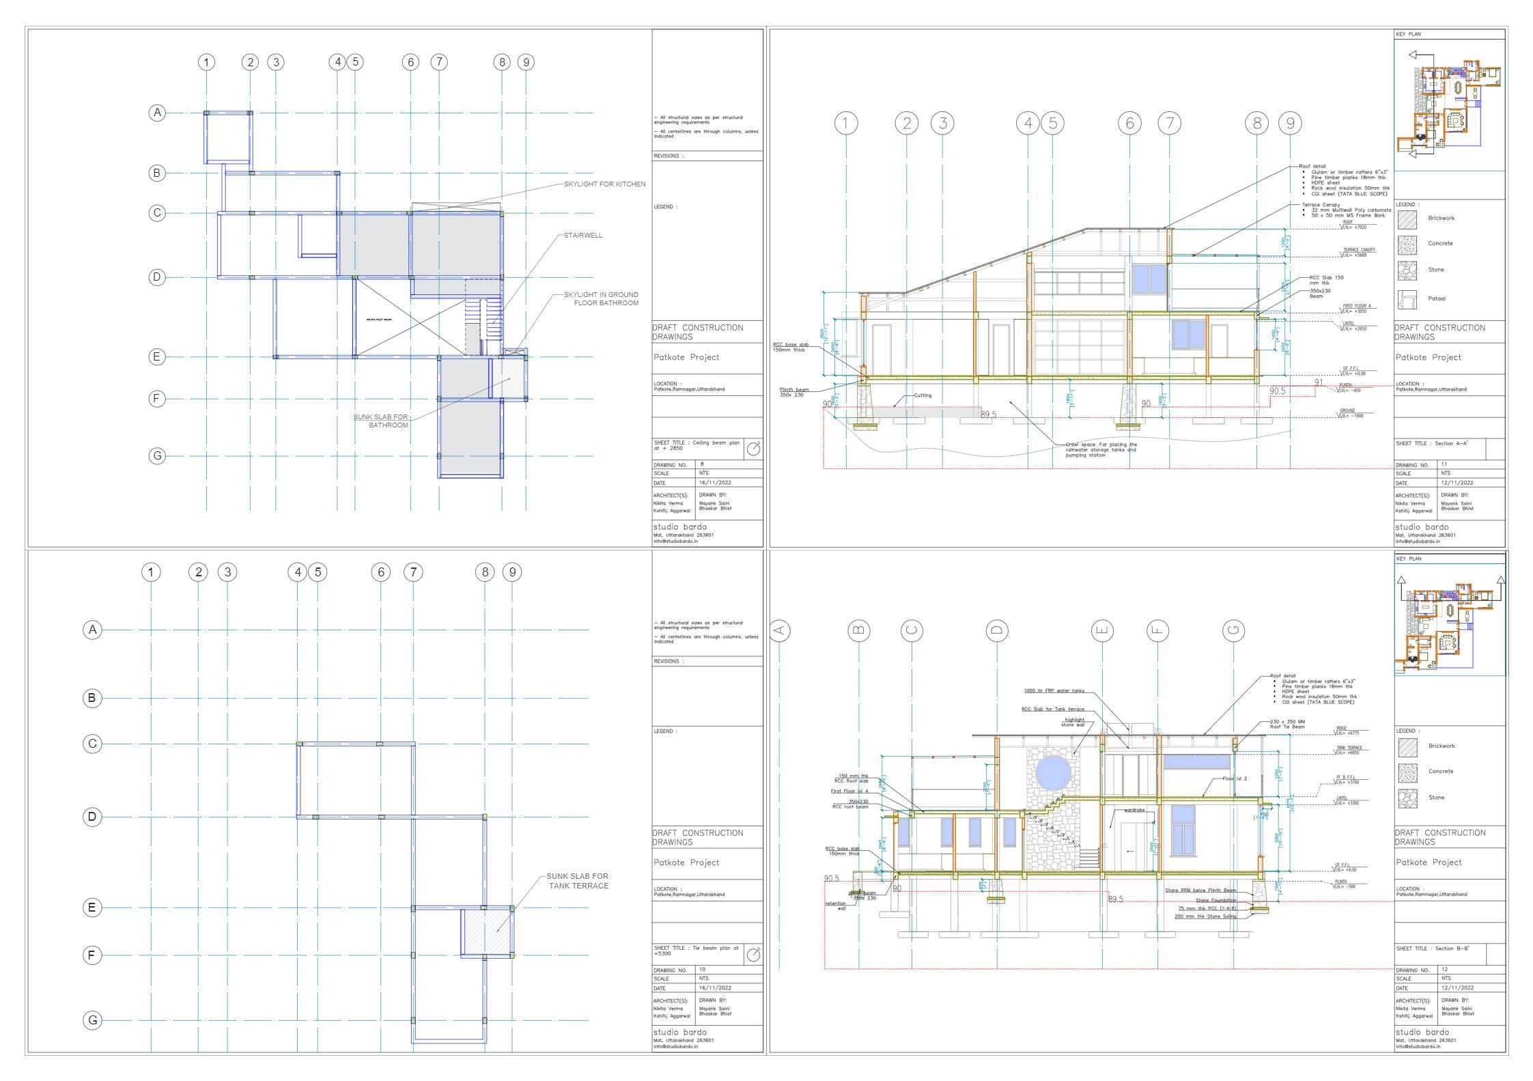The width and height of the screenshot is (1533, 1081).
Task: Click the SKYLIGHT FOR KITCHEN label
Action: (x=604, y=184)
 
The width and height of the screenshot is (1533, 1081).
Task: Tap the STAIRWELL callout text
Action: (x=582, y=236)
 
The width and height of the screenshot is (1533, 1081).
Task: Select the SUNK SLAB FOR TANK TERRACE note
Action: (x=577, y=881)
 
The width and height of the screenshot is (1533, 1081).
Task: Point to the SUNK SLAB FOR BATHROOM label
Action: (x=380, y=421)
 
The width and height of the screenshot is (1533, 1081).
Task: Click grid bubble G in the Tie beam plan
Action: (x=92, y=1020)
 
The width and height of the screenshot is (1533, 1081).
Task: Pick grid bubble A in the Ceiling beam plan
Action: (x=157, y=112)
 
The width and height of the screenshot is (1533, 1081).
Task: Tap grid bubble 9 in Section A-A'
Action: (x=1290, y=123)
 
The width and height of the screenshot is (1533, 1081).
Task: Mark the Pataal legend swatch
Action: (x=1407, y=299)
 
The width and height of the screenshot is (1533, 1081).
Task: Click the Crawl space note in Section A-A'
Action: (x=1101, y=449)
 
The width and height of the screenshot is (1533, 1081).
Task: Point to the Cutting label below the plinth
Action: (x=922, y=395)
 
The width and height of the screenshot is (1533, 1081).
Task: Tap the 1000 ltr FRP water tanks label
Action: (x=1054, y=690)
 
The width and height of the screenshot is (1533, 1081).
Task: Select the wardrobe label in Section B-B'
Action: (x=1134, y=810)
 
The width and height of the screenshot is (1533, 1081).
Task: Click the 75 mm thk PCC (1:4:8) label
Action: (x=1207, y=908)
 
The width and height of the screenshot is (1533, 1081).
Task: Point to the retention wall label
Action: (x=836, y=905)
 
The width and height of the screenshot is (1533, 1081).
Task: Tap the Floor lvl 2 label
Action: (x=1235, y=778)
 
